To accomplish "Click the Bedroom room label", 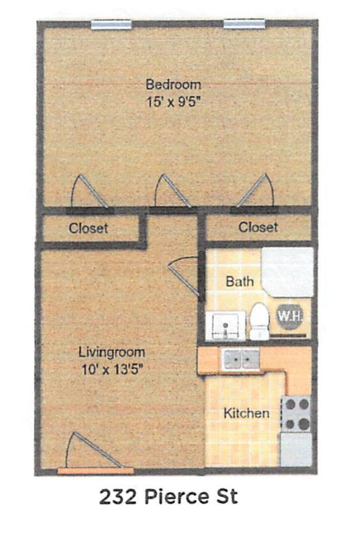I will tap(173, 84).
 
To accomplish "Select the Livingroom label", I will tap(112, 352).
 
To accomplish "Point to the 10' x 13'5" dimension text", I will tap(112, 369).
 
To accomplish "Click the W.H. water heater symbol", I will tap(290, 315).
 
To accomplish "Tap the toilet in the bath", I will tap(259, 321).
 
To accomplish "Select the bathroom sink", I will tap(225, 326).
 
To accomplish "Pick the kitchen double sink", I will tap(241, 359).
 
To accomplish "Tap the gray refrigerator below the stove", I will tap(296, 449).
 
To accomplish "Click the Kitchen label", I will tap(246, 413).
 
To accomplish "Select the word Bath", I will tap(240, 281).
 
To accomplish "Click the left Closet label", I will tap(88, 228).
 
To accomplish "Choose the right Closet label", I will tap(258, 227).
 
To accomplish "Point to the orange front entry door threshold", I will tap(96, 470).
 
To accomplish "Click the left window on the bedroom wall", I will tap(111, 25).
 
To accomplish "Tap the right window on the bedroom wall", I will tap(244, 24).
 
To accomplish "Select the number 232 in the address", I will tap(117, 497).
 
